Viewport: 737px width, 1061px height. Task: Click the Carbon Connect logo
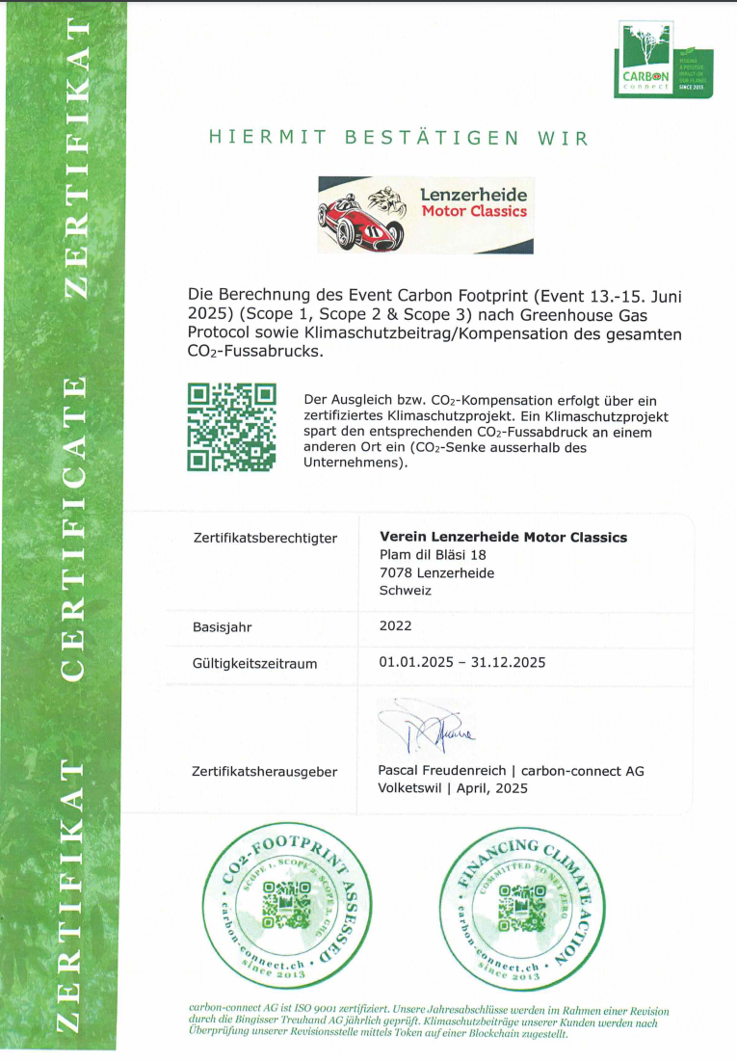point(663,60)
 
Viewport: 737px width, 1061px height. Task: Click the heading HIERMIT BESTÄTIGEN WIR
point(398,138)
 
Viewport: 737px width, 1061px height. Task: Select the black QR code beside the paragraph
point(232,426)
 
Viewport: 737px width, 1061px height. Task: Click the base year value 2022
point(396,625)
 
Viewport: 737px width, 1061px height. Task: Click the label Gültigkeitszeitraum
point(254,663)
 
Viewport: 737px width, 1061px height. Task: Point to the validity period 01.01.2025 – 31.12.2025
point(462,662)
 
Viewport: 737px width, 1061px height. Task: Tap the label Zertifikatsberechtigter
point(265,538)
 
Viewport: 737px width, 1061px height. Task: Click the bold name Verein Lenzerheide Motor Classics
point(503,537)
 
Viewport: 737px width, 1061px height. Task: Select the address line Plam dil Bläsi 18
point(434,555)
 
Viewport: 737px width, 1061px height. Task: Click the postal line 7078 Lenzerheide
point(437,572)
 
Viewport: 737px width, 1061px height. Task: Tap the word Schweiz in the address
point(406,591)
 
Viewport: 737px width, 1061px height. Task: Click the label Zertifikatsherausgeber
point(266,771)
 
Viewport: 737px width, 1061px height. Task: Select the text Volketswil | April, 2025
point(453,787)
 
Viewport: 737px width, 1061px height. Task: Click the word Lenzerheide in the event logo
point(473,196)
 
